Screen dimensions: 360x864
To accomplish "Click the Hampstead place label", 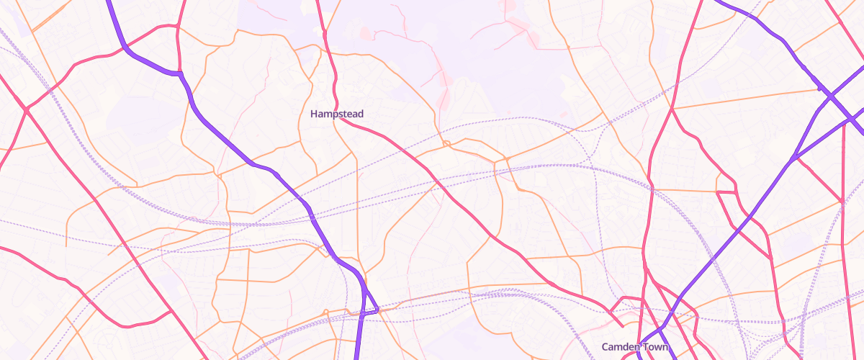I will point(337,114).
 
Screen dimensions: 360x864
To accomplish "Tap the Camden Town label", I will point(635,347).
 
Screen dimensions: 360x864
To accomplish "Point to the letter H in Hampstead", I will point(314,114).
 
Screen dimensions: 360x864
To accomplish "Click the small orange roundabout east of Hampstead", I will point(446,145).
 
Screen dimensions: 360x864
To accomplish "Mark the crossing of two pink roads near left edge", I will point(26,109).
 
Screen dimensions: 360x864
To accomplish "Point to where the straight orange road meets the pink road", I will point(672,109).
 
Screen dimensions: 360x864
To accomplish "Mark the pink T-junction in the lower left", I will point(170,312).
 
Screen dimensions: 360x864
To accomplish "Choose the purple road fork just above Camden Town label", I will point(662,328).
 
